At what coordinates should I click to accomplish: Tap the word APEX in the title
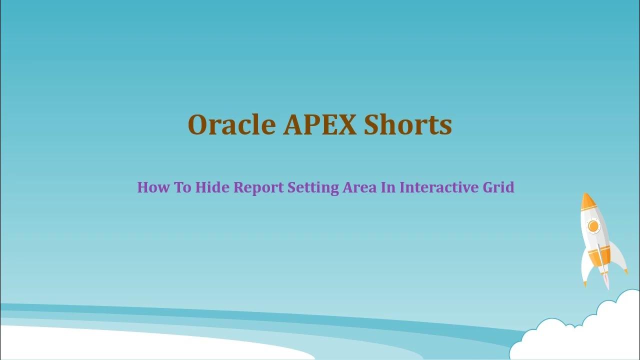pos(319,125)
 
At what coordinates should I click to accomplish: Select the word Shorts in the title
pos(407,125)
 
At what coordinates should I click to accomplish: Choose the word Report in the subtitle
pos(258,188)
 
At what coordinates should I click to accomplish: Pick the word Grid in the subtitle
pos(498,188)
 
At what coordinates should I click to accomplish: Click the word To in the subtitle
pos(182,188)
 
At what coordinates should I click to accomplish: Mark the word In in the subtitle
pos(388,188)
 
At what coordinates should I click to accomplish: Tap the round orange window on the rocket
pos(593,226)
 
